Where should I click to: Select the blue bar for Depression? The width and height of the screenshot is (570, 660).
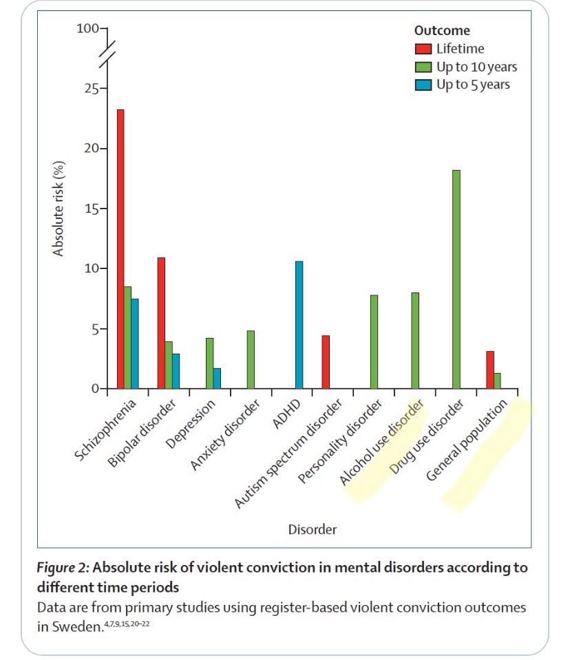(x=217, y=379)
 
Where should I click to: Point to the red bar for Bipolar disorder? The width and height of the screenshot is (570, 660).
(x=161, y=323)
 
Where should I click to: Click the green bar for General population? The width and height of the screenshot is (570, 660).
(x=497, y=381)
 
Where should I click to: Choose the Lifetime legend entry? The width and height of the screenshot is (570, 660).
(x=459, y=49)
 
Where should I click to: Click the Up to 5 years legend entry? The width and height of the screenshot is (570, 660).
(x=473, y=85)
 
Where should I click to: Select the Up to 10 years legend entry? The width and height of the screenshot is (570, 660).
(x=476, y=67)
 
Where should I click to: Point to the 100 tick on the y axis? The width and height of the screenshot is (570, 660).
(x=88, y=28)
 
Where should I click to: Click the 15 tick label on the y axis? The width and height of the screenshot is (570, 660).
(x=89, y=209)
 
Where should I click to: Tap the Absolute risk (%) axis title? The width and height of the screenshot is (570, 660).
(x=59, y=209)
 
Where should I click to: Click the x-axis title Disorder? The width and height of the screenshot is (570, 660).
(x=312, y=529)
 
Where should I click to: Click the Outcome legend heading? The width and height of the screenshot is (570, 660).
(x=442, y=31)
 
